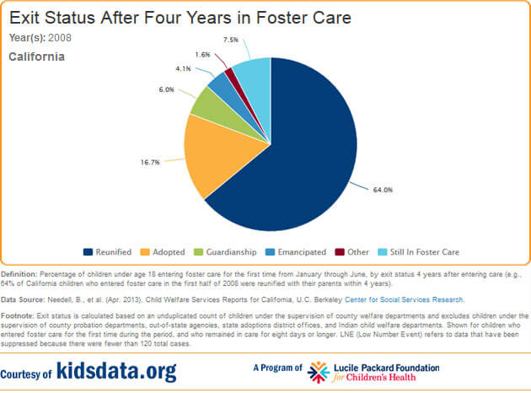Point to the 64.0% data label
point(382,190)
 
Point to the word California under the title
point(36,57)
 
